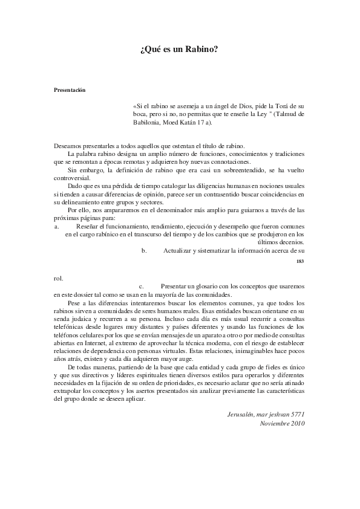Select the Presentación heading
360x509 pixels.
[x=70, y=90]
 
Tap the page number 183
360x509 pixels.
[x=299, y=261]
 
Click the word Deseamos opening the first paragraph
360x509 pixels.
[x=67, y=146]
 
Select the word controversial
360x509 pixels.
[x=71, y=178]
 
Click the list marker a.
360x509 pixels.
[x=56, y=225]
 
